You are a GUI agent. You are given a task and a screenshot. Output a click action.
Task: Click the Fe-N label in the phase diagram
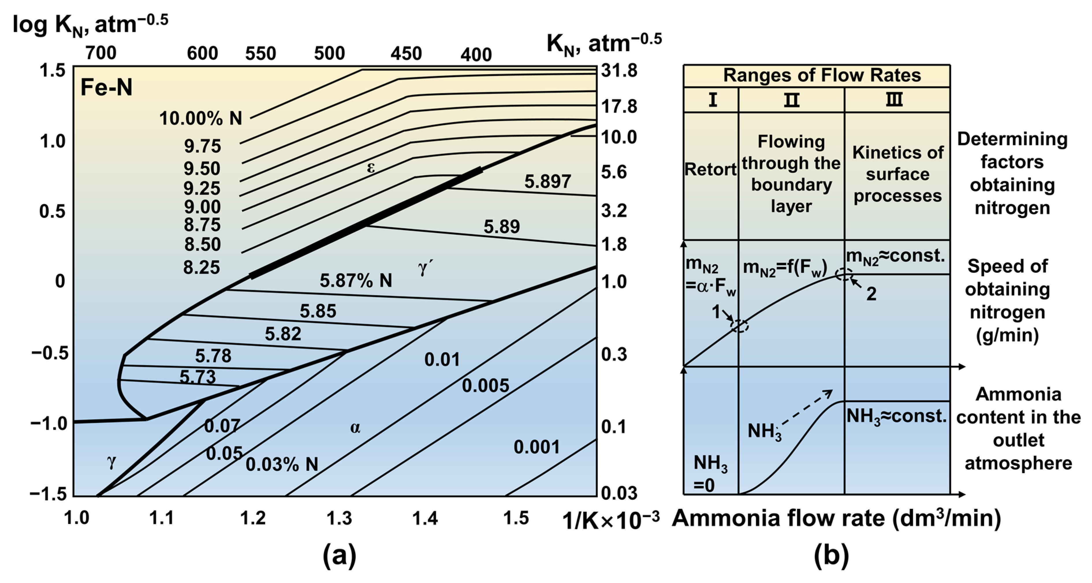click(107, 88)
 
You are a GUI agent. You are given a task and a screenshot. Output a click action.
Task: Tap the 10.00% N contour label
click(200, 119)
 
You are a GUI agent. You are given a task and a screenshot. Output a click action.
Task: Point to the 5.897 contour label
click(547, 182)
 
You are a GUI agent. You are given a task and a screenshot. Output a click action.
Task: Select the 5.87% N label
click(356, 280)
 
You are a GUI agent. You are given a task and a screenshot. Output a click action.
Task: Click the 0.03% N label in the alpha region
click(282, 464)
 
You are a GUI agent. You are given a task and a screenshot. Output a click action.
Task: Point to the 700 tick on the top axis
click(100, 53)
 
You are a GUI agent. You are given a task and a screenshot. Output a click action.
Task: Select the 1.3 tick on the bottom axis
click(339, 518)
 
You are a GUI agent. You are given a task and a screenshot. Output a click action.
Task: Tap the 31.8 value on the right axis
click(619, 71)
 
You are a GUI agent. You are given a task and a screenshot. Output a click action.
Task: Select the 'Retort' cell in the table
click(710, 169)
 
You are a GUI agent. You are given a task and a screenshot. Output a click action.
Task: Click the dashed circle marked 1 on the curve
click(739, 326)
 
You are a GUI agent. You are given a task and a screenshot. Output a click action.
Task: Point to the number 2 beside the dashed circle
click(871, 294)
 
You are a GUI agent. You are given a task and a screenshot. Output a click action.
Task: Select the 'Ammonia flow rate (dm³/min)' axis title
click(836, 518)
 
